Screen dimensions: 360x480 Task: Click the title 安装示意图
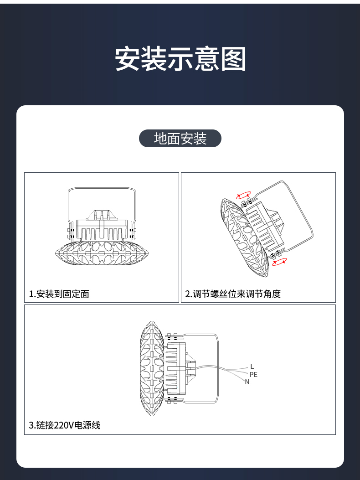click(180, 59)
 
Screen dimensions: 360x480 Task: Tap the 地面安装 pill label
click(180, 139)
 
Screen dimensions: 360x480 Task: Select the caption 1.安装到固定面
click(59, 294)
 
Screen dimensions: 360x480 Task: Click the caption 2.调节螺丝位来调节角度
click(233, 294)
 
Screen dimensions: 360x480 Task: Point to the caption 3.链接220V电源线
click(64, 425)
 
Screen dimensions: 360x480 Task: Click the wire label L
click(252, 366)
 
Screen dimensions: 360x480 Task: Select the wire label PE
click(253, 374)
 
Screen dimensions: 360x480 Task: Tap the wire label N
click(247, 382)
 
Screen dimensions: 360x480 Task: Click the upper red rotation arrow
click(244, 195)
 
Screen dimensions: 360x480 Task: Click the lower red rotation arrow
click(279, 262)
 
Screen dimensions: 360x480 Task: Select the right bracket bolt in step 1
click(132, 233)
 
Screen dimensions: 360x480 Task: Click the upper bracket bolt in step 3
click(172, 336)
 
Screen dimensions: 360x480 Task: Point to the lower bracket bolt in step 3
click(172, 400)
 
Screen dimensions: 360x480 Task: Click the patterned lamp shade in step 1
click(101, 253)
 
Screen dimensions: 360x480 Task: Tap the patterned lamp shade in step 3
click(152, 369)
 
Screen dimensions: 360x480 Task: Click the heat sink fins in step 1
click(102, 234)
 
